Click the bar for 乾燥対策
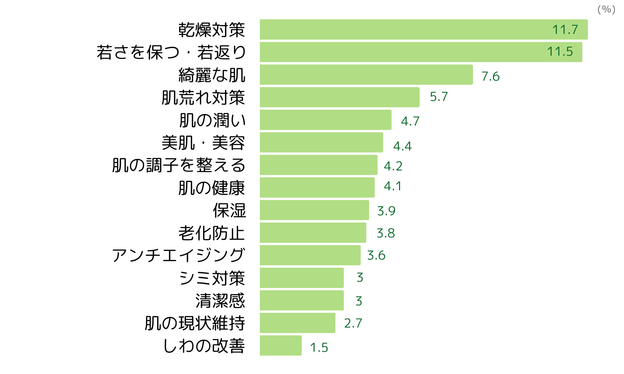pos(406,30)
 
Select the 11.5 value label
pos(560,52)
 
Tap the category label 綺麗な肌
pos(212,75)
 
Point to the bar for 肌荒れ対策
pos(339,97)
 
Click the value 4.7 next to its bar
pos(410,121)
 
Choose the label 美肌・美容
pos(203,143)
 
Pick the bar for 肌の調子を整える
pos(318,165)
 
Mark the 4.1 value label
pos(392,186)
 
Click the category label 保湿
pos(229,210)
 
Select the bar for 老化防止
pos(313,233)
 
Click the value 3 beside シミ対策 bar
pos(360,277)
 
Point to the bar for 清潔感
pos(301,300)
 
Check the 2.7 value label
pos(353,323)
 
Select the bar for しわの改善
pos(280,345)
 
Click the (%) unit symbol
pos(606,9)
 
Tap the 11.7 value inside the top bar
pos(565,30)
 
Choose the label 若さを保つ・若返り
pos(171,52)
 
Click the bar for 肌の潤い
pos(325,120)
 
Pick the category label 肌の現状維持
pos(195,323)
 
